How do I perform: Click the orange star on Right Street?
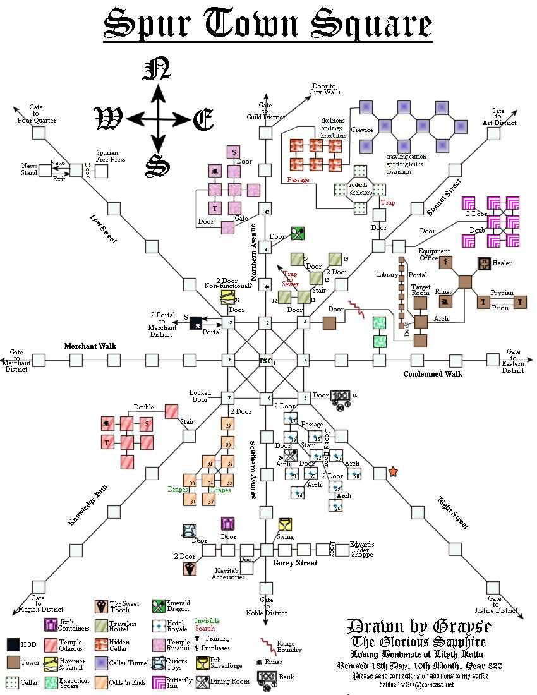click(x=393, y=472)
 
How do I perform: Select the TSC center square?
click(x=266, y=361)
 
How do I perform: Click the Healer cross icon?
click(x=485, y=264)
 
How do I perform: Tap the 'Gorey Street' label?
click(x=294, y=562)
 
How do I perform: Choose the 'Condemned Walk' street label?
click(x=433, y=374)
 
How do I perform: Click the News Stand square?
click(x=44, y=171)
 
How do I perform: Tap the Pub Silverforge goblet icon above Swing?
click(x=285, y=524)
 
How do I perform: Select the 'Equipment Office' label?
click(x=434, y=254)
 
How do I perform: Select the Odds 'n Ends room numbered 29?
click(x=228, y=425)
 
